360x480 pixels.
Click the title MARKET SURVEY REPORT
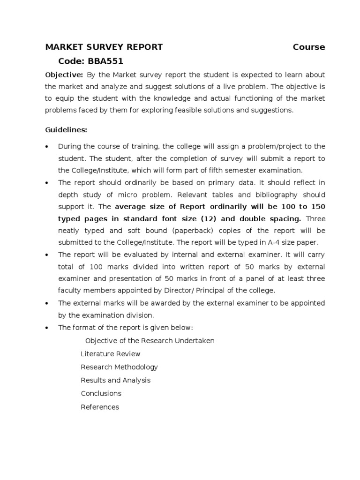pyautogui.click(x=104, y=47)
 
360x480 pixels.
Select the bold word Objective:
pyautogui.click(x=64, y=75)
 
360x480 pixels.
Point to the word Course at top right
pyautogui.click(x=309, y=47)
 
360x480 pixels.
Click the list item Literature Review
pyautogui.click(x=110, y=354)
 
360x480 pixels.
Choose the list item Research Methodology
pyautogui.click(x=119, y=367)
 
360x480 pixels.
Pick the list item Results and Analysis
pyautogui.click(x=115, y=380)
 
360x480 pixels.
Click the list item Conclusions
pyautogui.click(x=101, y=393)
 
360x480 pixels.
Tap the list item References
pyautogui.click(x=100, y=407)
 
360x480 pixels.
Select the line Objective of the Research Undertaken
pyautogui.click(x=150, y=341)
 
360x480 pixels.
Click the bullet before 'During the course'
pyautogui.click(x=46, y=147)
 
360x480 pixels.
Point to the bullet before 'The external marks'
pyautogui.click(x=46, y=303)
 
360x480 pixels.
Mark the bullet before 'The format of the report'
pyautogui.click(x=46, y=328)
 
